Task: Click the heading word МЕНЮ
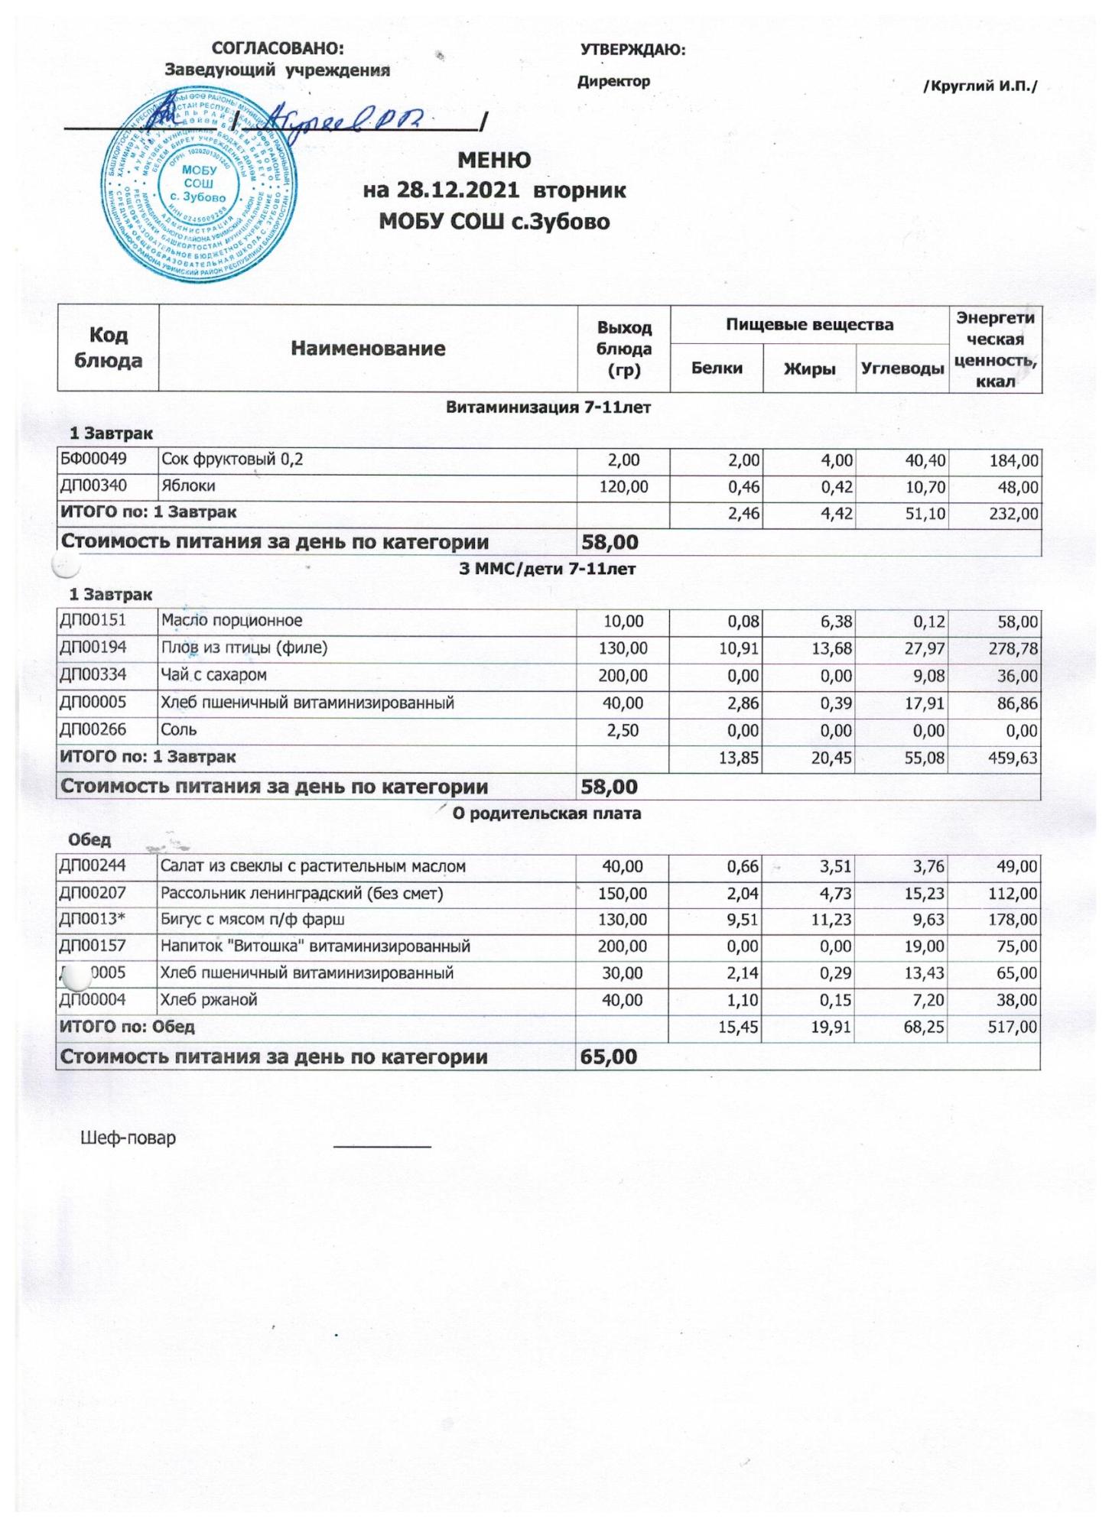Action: click(x=494, y=161)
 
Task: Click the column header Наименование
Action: click(x=368, y=349)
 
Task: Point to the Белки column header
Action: click(x=717, y=368)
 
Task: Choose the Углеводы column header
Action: click(x=902, y=368)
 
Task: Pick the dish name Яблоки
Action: click(x=187, y=486)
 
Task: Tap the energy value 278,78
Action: click(x=1013, y=649)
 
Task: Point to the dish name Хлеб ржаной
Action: click(x=208, y=1000)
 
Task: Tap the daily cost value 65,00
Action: click(x=609, y=1057)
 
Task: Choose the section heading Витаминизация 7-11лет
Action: click(x=548, y=407)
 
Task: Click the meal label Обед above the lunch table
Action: click(x=89, y=840)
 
